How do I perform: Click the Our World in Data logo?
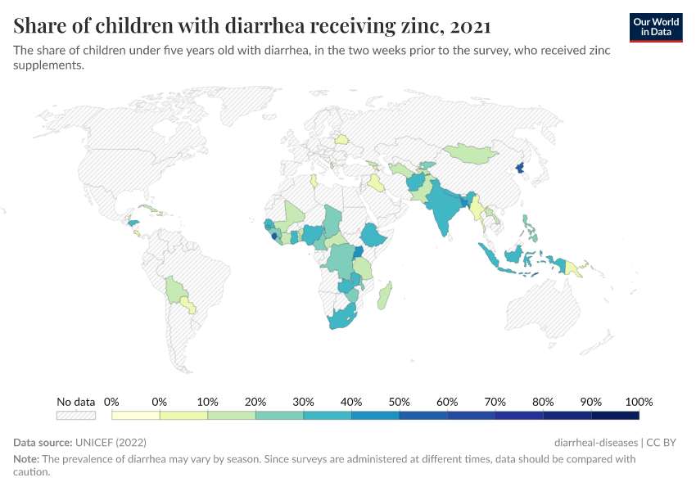point(655,27)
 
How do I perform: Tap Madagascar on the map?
point(385,295)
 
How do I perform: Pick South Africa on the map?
point(344,320)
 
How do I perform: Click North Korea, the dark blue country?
point(519,169)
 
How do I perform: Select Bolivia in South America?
point(175,290)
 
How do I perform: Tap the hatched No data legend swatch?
point(75,416)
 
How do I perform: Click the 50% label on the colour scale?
point(399,402)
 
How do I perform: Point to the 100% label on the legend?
point(639,402)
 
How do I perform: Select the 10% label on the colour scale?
point(207,402)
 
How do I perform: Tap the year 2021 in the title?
point(470,26)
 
